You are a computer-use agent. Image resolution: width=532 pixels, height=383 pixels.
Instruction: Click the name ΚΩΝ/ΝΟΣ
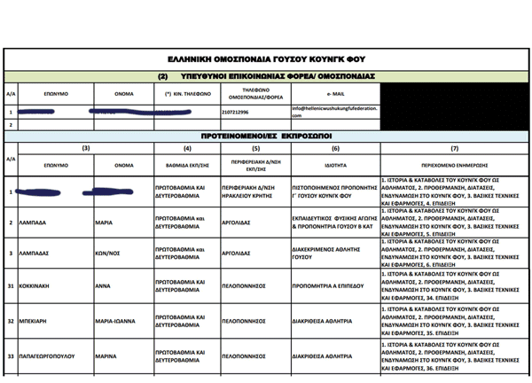[108, 253]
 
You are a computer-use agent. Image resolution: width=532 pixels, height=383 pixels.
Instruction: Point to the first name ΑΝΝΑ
[104, 285]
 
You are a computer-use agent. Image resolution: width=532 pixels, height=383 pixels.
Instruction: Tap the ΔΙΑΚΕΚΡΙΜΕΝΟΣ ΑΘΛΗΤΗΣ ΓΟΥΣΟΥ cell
[328, 253]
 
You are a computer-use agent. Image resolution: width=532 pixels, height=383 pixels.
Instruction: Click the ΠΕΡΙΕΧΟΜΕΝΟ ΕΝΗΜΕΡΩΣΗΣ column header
[454, 165]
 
